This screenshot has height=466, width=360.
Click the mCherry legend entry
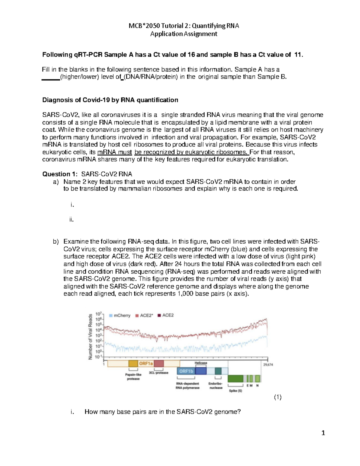[120, 315]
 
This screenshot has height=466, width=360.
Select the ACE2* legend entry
[144, 315]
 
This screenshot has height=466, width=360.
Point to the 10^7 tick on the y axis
[98, 314]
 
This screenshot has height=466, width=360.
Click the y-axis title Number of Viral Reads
[90, 336]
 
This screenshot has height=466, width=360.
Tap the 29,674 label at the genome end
[268, 365]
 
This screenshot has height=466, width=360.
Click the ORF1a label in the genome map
[146, 363]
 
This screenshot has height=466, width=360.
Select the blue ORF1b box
[186, 371]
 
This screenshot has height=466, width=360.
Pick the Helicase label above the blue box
[201, 363]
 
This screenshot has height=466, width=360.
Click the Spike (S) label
[235, 391]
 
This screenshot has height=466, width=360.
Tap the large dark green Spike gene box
[235, 378]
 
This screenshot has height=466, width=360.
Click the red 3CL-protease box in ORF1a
[159, 363]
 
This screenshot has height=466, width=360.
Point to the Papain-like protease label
[133, 377]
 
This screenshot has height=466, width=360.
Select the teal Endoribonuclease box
[218, 371]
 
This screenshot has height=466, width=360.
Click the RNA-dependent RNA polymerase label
[187, 386]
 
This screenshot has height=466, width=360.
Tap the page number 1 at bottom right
[323, 433]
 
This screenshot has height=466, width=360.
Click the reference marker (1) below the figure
[277, 397]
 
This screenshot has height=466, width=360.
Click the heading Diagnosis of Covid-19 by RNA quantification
[110, 100]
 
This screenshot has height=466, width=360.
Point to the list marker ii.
[71, 219]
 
